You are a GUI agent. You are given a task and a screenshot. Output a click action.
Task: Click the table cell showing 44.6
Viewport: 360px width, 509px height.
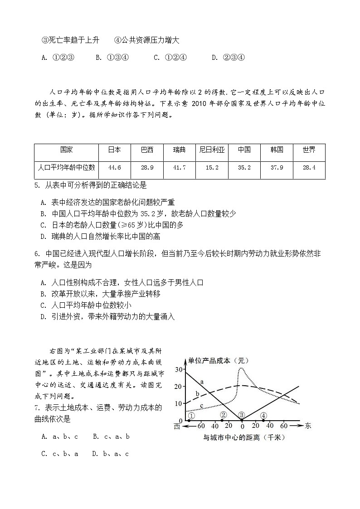[115, 167]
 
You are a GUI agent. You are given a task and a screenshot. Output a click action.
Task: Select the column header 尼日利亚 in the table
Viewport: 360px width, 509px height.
[212, 150]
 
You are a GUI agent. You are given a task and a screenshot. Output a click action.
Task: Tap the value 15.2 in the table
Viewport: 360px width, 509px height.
[212, 167]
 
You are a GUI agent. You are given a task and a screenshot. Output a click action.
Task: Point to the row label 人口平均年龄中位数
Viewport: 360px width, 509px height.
[66, 167]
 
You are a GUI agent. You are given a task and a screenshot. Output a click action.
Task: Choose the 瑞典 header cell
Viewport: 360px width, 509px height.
[179, 150]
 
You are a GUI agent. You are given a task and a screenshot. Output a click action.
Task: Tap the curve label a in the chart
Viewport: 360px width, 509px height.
[201, 382]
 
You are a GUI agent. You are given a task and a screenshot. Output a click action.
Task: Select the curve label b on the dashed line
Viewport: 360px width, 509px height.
[197, 393]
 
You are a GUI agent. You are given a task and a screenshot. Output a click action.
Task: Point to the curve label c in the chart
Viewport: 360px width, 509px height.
[201, 405]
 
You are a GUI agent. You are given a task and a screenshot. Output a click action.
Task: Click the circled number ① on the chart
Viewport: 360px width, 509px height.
[192, 415]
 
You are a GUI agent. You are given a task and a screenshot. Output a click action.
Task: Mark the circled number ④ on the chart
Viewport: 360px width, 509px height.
[263, 415]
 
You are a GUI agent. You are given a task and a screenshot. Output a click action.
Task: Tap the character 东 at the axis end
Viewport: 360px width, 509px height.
[308, 426]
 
